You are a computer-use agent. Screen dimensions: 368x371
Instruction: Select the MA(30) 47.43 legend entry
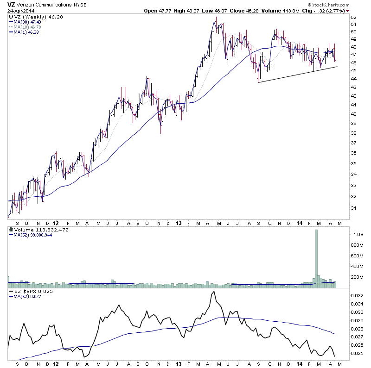pyautogui.click(x=24, y=21)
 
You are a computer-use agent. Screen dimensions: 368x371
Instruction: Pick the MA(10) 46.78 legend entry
pyautogui.click(x=24, y=27)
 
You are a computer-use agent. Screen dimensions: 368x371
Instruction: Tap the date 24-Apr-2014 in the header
pyautogui.click(x=17, y=11)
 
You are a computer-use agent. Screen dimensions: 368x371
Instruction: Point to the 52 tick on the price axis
pyautogui.click(x=353, y=18)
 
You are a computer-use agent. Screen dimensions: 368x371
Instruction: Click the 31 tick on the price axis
pyautogui.click(x=353, y=208)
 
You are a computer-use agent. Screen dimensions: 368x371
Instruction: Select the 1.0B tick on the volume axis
pyautogui.click(x=356, y=235)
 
